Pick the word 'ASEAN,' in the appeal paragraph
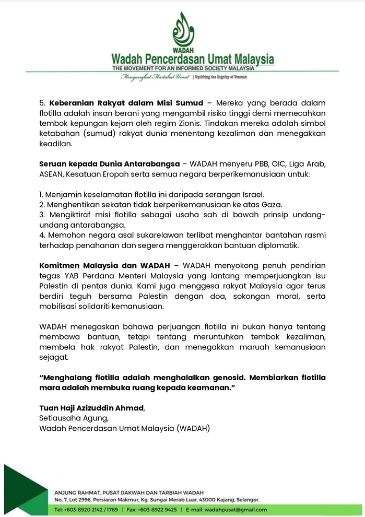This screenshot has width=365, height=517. coord(52,174)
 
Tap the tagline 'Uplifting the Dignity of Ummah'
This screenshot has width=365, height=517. coord(222,77)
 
